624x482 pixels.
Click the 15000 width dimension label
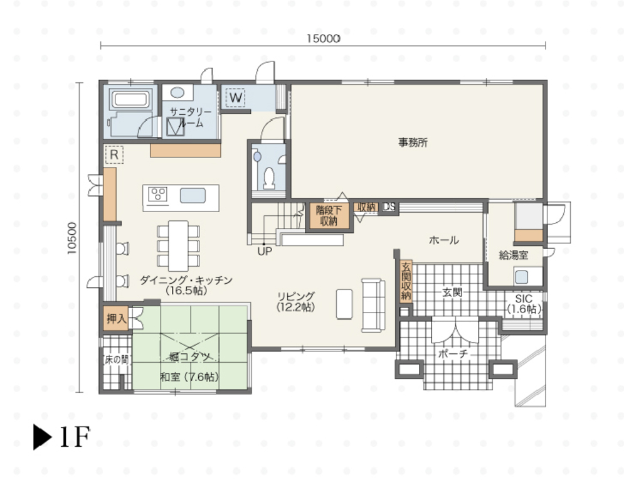[323, 39]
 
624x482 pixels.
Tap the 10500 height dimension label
[71, 238]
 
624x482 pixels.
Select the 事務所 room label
[413, 142]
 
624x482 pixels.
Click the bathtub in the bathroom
[131, 99]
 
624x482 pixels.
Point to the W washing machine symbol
[236, 98]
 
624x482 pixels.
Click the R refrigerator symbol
[114, 154]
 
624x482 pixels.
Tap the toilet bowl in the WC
[270, 178]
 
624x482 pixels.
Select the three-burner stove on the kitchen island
[157, 195]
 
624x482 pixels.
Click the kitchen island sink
[193, 196]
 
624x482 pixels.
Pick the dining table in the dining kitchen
[178, 246]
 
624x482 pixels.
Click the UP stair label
[265, 252]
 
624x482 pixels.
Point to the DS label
[389, 207]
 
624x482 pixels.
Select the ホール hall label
[444, 240]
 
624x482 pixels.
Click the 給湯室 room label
[514, 255]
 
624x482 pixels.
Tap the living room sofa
[373, 305]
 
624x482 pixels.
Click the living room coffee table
[344, 304]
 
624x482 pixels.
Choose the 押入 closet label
[116, 319]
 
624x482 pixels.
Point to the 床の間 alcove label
[117, 360]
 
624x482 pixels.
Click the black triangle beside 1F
[42, 437]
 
